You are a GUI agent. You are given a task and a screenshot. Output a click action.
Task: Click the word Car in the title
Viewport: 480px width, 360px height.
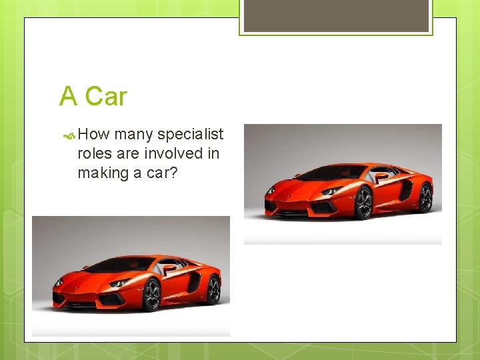[x=106, y=97]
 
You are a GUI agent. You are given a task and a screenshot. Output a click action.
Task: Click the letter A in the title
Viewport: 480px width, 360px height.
[x=68, y=97]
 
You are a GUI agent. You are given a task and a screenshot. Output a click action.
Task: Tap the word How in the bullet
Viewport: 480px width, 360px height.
[x=94, y=134]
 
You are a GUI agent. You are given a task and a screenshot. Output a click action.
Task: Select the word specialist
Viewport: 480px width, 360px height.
[x=191, y=135]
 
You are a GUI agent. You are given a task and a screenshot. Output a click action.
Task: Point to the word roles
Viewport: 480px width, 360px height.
[x=96, y=153]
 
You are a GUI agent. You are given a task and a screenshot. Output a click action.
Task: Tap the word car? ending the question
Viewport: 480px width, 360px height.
[x=164, y=173]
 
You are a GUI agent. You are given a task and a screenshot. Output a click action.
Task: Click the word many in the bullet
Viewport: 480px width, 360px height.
[x=133, y=135]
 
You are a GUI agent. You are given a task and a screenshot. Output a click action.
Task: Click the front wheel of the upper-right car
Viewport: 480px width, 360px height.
[x=364, y=203]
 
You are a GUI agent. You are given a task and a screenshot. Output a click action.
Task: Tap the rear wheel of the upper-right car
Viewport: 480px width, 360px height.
[x=425, y=197]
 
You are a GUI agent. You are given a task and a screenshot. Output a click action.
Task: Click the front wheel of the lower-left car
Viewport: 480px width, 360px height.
[x=152, y=295]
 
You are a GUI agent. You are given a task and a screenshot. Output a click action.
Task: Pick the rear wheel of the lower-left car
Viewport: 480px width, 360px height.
[x=213, y=289]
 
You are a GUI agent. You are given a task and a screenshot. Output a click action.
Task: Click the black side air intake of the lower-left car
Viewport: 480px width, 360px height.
[x=194, y=281]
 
